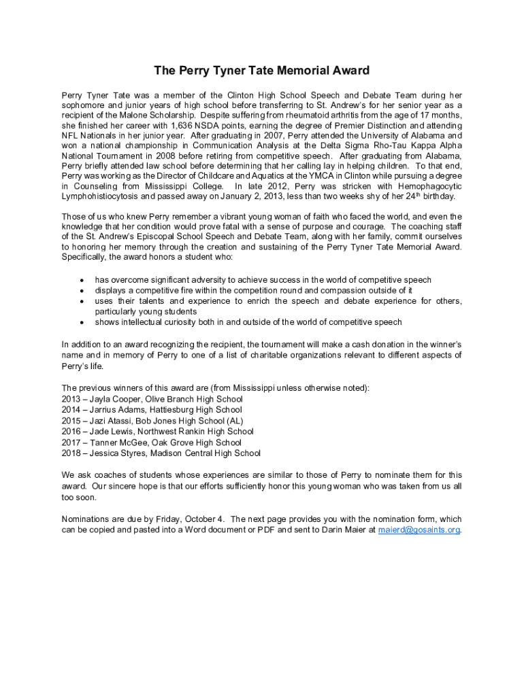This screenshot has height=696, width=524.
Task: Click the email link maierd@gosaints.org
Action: [419, 529]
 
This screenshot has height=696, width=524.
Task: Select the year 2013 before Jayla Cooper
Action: [71, 399]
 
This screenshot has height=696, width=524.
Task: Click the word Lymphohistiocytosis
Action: [101, 196]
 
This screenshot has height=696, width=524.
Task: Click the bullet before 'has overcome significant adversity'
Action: [82, 280]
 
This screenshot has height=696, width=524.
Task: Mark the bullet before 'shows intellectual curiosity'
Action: [82, 322]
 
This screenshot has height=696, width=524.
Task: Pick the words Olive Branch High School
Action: [193, 399]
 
